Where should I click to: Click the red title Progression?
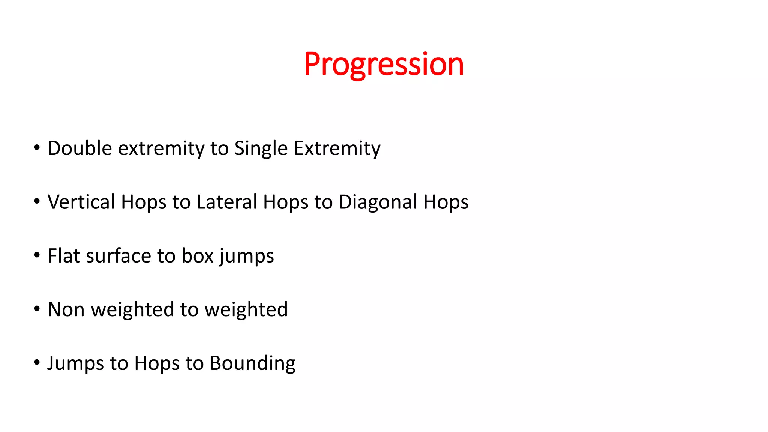tap(384, 64)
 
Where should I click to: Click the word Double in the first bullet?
tap(79, 148)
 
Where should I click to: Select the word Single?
tap(261, 149)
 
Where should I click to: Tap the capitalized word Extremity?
tap(337, 149)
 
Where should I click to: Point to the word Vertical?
tap(81, 202)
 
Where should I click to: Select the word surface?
tap(118, 256)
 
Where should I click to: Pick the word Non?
tap(66, 310)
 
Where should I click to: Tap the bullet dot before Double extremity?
tap(36, 148)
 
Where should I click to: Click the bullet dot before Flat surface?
tap(36, 255)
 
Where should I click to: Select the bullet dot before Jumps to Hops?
tap(36, 363)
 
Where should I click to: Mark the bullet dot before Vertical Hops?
tap(36, 201)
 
